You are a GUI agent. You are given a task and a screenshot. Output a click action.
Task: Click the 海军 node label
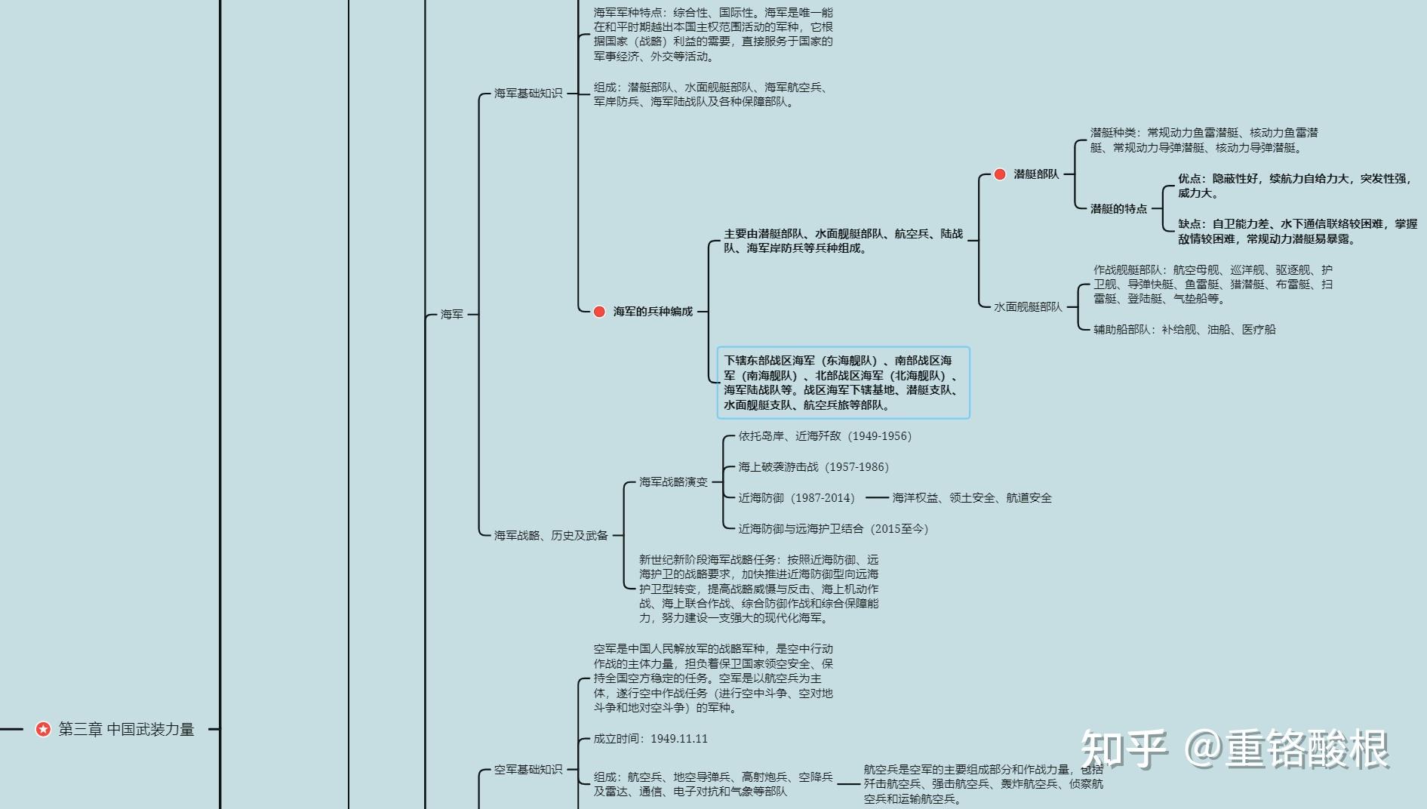(x=451, y=315)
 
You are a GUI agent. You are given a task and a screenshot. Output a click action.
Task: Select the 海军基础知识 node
(x=527, y=94)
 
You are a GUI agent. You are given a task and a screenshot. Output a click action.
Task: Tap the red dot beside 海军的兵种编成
(x=599, y=312)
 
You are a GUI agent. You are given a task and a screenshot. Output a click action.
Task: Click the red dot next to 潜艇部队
(x=1000, y=174)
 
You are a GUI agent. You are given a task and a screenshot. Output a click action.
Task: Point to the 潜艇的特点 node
(x=1118, y=209)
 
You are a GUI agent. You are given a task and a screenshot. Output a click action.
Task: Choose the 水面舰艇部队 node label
(x=1027, y=307)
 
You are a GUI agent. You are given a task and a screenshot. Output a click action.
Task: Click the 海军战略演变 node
(x=673, y=482)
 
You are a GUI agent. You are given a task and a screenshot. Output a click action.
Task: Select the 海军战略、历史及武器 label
(x=551, y=536)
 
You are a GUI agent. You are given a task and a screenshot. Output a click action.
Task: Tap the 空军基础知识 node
(x=527, y=770)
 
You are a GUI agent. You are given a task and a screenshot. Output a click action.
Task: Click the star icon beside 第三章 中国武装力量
(x=44, y=729)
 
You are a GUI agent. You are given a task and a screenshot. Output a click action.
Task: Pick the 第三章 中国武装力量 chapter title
(x=126, y=729)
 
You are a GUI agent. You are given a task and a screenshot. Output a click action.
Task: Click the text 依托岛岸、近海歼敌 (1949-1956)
(x=824, y=436)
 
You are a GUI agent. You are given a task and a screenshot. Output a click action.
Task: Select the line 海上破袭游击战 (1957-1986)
(x=813, y=467)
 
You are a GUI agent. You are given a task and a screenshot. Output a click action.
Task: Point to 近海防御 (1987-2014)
(x=796, y=498)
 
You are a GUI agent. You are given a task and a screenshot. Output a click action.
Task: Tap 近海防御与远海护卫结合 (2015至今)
(x=832, y=529)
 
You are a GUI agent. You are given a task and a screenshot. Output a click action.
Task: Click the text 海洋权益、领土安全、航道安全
(x=971, y=498)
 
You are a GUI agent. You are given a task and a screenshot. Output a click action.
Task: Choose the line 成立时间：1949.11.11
(x=650, y=739)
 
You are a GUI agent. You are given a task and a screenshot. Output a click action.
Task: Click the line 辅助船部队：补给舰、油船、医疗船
(x=1184, y=330)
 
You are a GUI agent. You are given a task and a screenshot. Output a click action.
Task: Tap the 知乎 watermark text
(x=1124, y=749)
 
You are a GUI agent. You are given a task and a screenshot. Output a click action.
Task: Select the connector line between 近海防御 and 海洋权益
(x=876, y=498)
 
